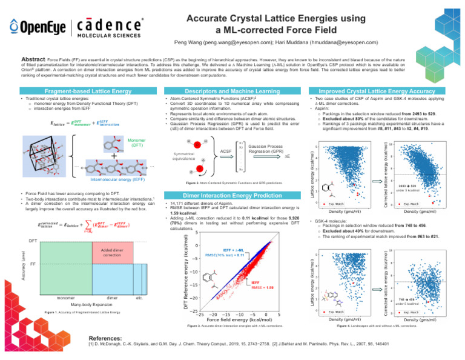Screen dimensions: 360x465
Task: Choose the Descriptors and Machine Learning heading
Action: [x=233, y=91]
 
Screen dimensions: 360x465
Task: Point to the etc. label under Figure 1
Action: [x=139, y=298]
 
